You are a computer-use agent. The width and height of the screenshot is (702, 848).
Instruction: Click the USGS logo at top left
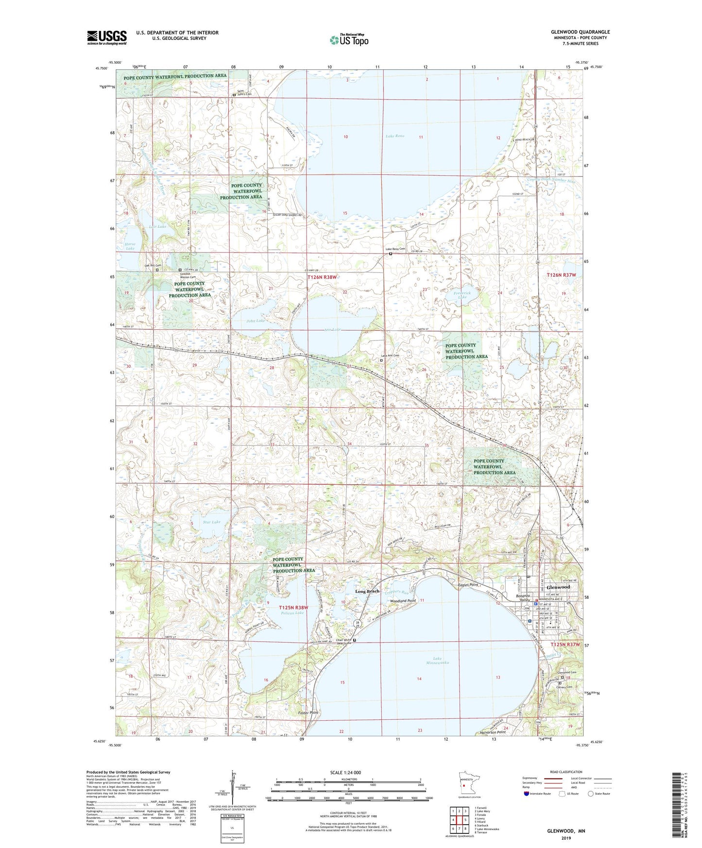[x=106, y=37]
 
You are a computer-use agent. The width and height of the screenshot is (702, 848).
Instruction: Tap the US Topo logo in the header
[x=348, y=40]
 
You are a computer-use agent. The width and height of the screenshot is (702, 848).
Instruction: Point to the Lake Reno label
[x=394, y=136]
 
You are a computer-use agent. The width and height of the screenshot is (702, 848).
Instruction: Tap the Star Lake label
[x=212, y=522]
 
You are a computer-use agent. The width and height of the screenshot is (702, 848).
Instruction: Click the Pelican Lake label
[x=292, y=613]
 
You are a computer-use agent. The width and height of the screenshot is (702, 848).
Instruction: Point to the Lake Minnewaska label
[x=437, y=661]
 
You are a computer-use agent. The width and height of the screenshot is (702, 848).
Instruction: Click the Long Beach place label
[x=367, y=591]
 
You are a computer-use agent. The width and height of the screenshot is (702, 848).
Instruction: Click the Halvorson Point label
[x=492, y=732]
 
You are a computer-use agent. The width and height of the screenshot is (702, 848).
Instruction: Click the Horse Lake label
[x=130, y=246]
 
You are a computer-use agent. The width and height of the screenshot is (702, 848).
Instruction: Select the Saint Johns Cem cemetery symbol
[x=234, y=95]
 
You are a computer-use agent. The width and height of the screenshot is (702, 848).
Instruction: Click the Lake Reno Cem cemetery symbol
[x=391, y=254]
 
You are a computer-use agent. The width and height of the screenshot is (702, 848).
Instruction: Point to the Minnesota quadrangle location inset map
[x=465, y=784]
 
